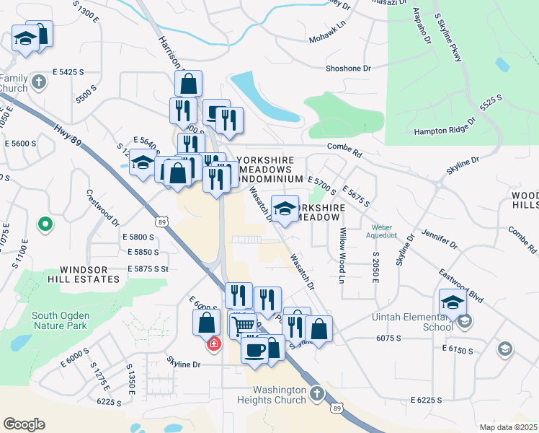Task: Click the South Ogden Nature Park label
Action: [x=61, y=321]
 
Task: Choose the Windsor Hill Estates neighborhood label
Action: [x=79, y=274]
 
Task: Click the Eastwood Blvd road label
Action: [x=461, y=284]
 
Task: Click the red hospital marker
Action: [x=214, y=344]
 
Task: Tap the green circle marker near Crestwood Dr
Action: [x=45, y=225]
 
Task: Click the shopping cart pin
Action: [x=243, y=326]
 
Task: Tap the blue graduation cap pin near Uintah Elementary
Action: [x=453, y=302]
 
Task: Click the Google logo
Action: [x=24, y=424]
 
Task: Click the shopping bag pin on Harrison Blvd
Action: [x=188, y=83]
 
